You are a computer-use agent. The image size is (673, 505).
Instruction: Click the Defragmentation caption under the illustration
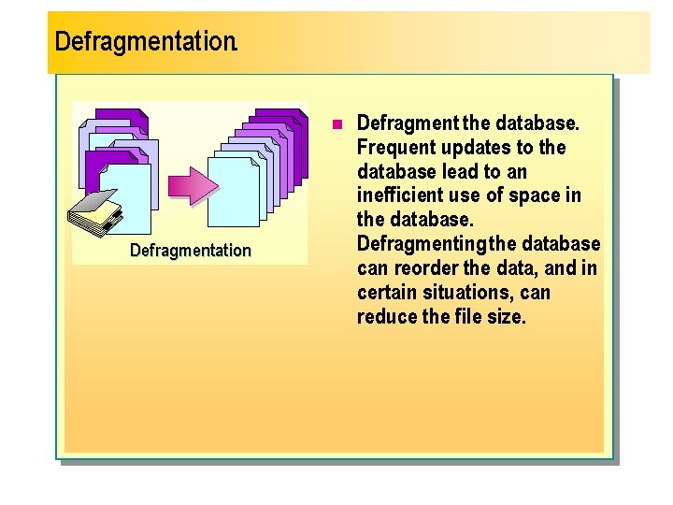pyautogui.click(x=191, y=250)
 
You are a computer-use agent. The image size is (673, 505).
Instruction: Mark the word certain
pyautogui.click(x=386, y=293)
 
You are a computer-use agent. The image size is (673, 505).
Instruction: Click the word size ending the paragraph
pyautogui.click(x=508, y=317)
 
